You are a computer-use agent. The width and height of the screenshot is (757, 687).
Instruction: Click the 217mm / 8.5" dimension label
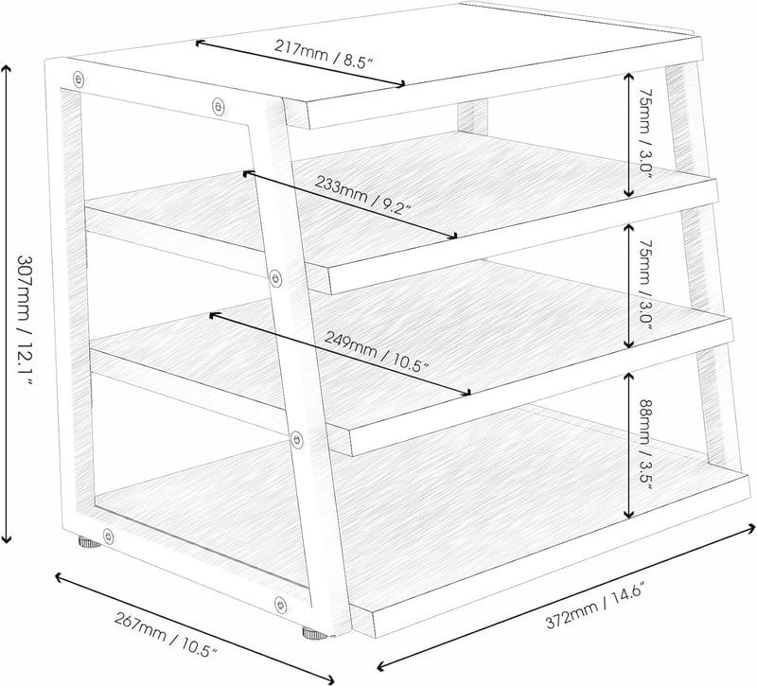[x=324, y=53]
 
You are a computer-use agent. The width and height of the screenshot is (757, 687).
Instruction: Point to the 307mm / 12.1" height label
[x=26, y=320]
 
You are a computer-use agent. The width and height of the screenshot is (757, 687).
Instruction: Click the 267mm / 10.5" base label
[x=166, y=635]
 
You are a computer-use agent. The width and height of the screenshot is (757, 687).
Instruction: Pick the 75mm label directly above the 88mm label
[x=645, y=285]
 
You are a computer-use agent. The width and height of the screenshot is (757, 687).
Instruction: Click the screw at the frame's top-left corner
[x=79, y=79]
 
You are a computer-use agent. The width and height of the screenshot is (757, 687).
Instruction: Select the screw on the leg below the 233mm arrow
[x=275, y=277]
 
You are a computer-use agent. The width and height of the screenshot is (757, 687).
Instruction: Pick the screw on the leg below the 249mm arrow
[x=297, y=440]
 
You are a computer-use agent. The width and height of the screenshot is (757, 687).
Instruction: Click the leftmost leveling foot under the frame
[x=90, y=542]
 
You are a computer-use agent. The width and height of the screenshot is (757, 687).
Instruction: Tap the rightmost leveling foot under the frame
[x=314, y=632]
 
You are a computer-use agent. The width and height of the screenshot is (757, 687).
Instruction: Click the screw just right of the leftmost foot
[x=109, y=536]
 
